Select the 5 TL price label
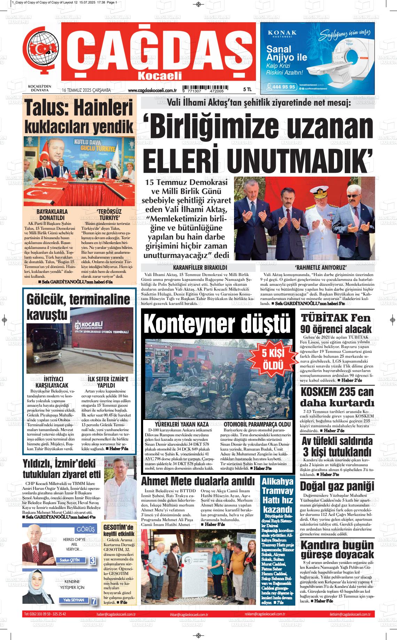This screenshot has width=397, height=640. tap(247, 90)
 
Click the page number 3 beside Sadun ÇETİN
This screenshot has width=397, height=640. tap(93, 560)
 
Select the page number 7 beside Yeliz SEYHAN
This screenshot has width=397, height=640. tap(94, 601)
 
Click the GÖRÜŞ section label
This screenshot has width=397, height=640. tap(85, 530)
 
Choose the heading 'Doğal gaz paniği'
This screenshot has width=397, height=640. tap(337, 486)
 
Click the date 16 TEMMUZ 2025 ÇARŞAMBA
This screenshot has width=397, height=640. tap(86, 90)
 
